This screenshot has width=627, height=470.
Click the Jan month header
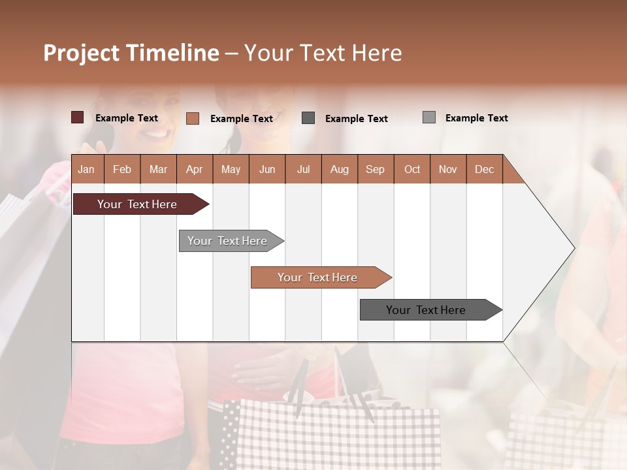pos(87,169)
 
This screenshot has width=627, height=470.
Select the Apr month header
pos(195,169)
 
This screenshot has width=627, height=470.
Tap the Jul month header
pos(303,169)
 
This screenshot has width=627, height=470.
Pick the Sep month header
pos(376,169)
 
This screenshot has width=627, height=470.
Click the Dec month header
pos(484,169)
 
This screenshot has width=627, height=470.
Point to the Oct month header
pos(412,169)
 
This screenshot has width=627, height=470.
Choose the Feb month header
pos(122,169)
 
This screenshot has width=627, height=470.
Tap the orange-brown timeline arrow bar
pos(318,277)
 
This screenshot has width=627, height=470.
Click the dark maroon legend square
pos(77,117)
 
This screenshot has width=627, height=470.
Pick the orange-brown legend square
pos(193,118)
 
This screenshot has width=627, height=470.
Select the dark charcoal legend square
pos(308,118)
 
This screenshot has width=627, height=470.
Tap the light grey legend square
pos(429,117)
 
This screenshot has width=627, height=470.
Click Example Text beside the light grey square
pos(476,118)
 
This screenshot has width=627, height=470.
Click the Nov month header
pos(448,169)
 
